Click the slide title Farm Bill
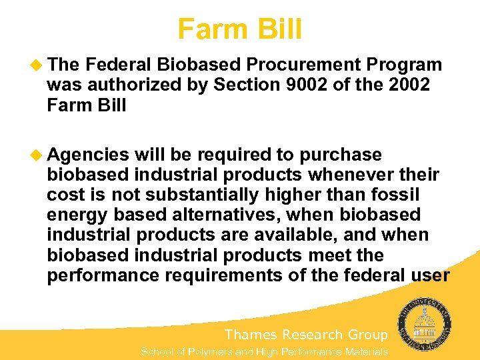239,29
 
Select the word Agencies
88,155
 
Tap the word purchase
341,155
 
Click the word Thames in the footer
251,335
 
